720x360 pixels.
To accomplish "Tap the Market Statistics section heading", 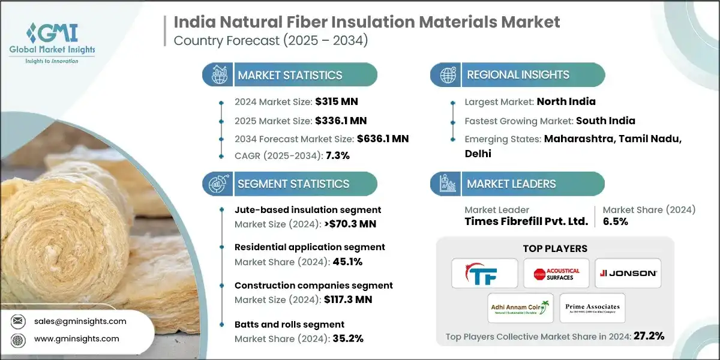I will (x=290, y=75).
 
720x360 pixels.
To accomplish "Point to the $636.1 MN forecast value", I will (x=383, y=139).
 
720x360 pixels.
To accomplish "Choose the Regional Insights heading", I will (x=518, y=75).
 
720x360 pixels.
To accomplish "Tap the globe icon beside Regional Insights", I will (x=447, y=75).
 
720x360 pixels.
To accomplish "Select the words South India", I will (x=605, y=121).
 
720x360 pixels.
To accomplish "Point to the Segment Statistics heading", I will (x=293, y=184).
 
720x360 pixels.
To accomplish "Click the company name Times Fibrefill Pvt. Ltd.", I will (x=526, y=221).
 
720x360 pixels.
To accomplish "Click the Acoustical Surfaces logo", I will (x=553, y=274).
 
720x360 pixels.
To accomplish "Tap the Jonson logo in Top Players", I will (x=629, y=274).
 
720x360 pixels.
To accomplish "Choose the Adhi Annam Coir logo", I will (x=519, y=308).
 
